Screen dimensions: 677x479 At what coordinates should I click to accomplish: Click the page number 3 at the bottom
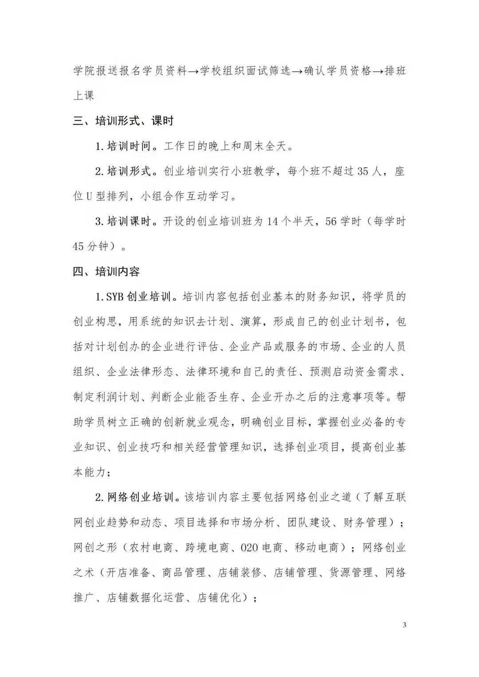[x=404, y=625]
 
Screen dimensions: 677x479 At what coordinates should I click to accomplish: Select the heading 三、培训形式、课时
[x=123, y=121]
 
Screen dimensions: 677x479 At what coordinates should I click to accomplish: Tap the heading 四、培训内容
[x=106, y=271]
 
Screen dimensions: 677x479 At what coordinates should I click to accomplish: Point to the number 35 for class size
[x=363, y=171]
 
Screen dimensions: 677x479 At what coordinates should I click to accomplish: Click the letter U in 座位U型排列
[x=89, y=196]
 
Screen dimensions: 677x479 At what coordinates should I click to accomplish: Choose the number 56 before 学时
[x=331, y=221]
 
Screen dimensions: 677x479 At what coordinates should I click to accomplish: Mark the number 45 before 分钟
[x=78, y=246]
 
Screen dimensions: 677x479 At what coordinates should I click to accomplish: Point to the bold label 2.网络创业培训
[x=134, y=497]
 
